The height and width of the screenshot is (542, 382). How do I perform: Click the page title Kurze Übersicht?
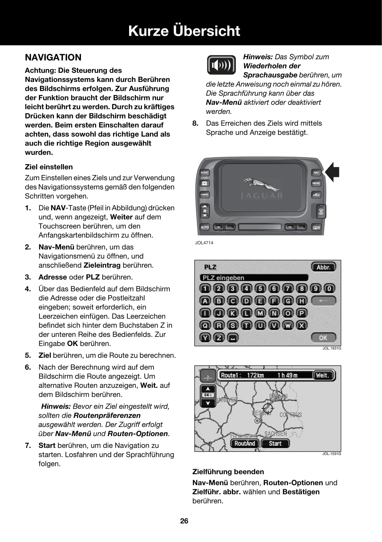[x=184, y=31]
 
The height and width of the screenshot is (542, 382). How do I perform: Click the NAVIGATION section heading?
[x=53, y=57]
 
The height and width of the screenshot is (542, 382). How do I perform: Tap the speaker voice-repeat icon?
[x=221, y=65]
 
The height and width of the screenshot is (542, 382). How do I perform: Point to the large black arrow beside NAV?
[x=332, y=172]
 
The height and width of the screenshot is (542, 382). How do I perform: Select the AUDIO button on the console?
[x=204, y=172]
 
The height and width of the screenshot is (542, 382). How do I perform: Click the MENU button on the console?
[x=316, y=183]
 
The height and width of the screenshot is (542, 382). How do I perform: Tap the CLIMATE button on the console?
[x=204, y=195]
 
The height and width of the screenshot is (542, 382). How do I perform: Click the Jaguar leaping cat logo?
[x=261, y=184]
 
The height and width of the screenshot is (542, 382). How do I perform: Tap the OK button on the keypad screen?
[x=323, y=338]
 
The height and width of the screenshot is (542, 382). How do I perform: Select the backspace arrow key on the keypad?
[x=323, y=300]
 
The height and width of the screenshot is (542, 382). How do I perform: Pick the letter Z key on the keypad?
[x=219, y=338]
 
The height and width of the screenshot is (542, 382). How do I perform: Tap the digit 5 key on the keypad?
[x=260, y=289]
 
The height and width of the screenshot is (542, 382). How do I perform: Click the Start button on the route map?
[x=275, y=443]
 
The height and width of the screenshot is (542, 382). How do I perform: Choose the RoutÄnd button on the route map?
[x=245, y=443]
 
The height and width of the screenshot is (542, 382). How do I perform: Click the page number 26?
[x=184, y=521]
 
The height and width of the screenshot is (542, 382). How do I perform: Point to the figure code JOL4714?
[x=204, y=243]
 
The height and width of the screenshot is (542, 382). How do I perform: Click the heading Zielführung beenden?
[x=228, y=472]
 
